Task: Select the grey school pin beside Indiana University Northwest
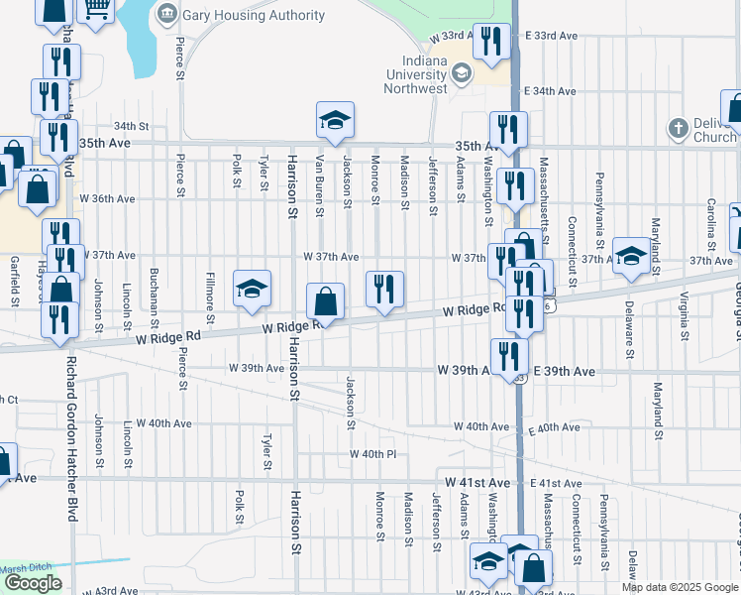(x=461, y=73)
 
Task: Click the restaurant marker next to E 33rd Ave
(x=490, y=42)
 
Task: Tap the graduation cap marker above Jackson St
(x=335, y=120)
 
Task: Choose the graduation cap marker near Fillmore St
(x=252, y=289)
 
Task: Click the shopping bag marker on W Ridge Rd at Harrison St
(x=325, y=301)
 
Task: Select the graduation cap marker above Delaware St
(x=630, y=257)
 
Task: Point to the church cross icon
(x=678, y=129)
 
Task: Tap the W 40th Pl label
(x=372, y=454)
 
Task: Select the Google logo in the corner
(x=33, y=583)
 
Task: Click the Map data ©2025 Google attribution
(x=680, y=587)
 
